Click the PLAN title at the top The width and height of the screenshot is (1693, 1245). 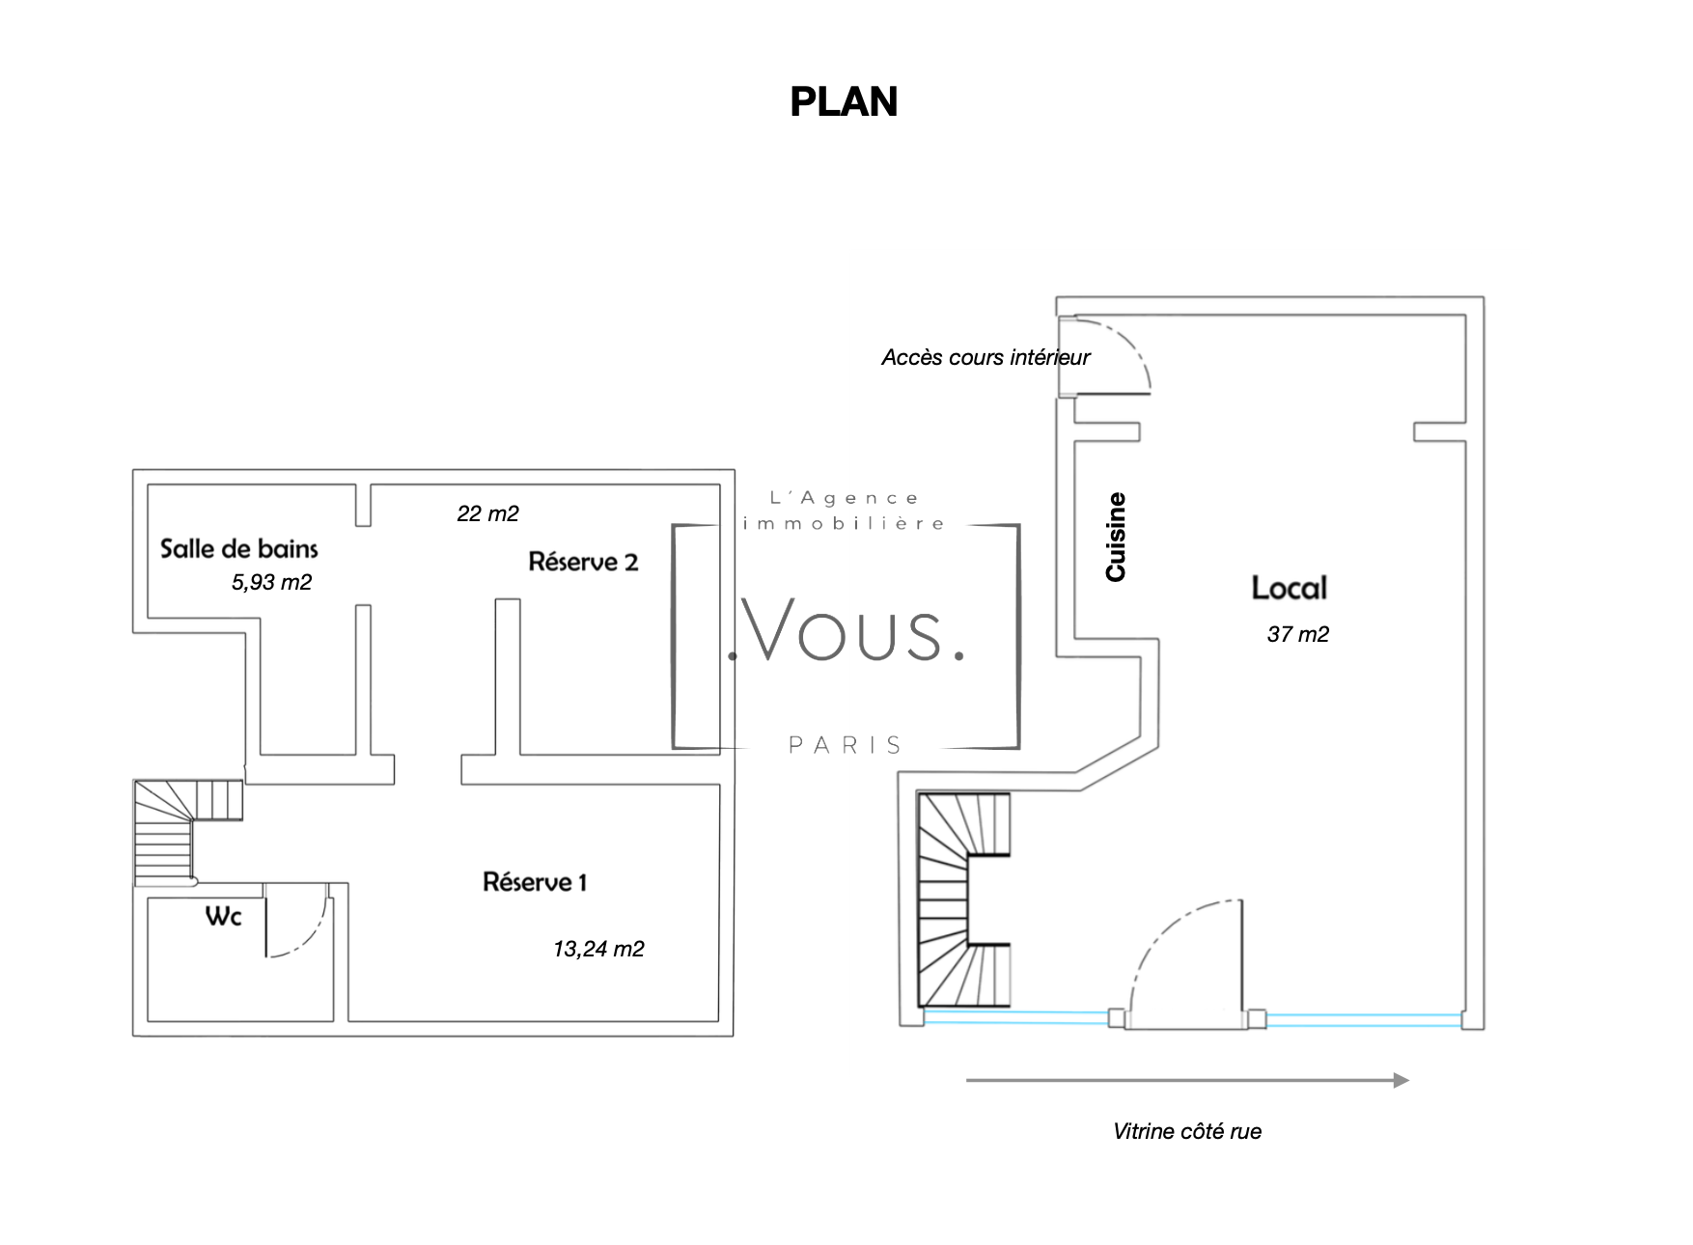click(844, 102)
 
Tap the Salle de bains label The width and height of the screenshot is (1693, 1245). click(238, 549)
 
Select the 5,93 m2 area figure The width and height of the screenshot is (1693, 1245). click(271, 582)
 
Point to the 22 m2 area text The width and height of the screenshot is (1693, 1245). click(487, 513)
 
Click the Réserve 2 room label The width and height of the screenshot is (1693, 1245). click(583, 562)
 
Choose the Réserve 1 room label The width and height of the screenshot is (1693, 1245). click(535, 881)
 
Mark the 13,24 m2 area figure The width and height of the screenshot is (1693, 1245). click(598, 949)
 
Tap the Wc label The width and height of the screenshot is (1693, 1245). click(223, 916)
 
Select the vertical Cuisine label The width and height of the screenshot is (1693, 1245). click(1116, 537)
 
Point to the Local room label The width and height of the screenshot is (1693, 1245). click(1289, 588)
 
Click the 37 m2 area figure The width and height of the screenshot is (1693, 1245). click(1297, 634)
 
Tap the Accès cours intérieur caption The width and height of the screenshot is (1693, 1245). click(985, 357)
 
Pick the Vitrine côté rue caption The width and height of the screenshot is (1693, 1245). click(1186, 1131)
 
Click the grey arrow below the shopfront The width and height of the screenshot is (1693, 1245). click(1187, 1080)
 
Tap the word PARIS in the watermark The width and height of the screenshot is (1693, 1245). click(846, 745)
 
